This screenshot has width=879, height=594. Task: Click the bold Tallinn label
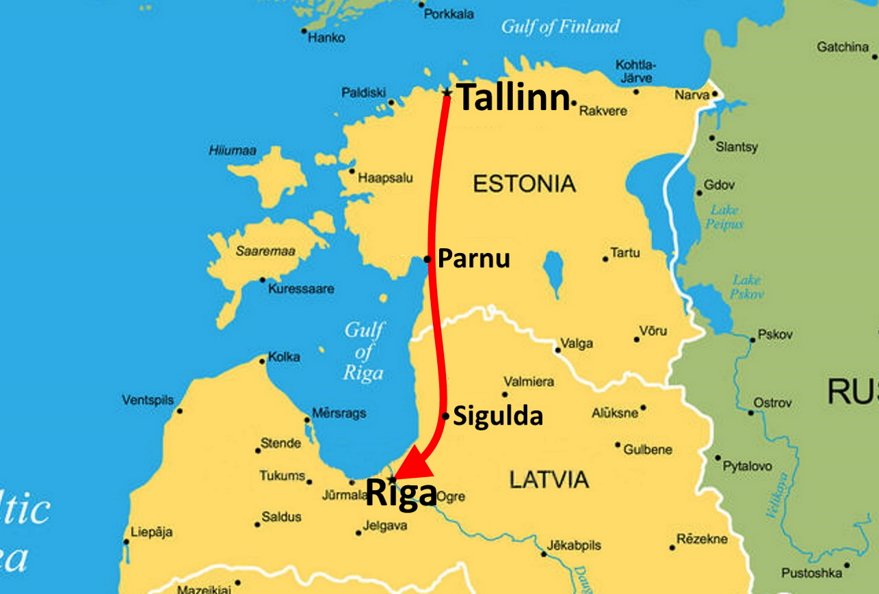(512, 98)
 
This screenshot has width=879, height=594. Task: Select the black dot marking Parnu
(427, 259)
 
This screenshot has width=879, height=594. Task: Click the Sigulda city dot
(445, 416)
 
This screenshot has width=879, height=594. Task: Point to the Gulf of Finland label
(560, 27)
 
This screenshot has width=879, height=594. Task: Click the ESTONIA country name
(524, 184)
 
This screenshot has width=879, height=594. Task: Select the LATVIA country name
(549, 479)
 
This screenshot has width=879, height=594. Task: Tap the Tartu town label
(625, 253)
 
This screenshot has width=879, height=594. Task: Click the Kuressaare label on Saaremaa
(301, 289)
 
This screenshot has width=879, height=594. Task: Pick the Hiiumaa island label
(232, 150)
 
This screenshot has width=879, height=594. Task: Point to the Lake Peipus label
(725, 217)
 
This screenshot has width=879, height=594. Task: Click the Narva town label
(692, 95)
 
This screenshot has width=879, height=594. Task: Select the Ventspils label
(148, 400)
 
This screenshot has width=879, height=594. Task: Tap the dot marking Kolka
(263, 360)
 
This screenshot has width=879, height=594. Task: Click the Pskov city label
(775, 335)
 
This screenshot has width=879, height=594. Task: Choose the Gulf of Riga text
(363, 351)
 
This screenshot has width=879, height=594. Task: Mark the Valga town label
(577, 343)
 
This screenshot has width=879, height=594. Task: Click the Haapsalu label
(385, 178)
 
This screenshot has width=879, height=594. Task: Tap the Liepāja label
(150, 532)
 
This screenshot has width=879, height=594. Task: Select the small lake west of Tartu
(553, 269)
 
